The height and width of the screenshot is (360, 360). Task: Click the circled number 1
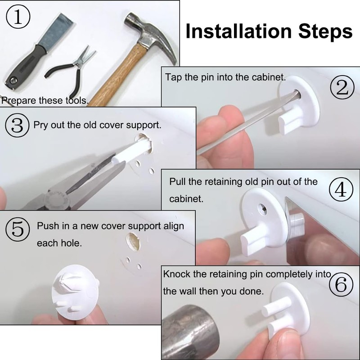click(x=18, y=17)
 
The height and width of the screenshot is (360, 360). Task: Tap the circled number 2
click(x=342, y=87)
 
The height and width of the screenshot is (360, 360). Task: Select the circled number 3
click(x=17, y=126)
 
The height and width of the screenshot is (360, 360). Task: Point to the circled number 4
click(x=341, y=189)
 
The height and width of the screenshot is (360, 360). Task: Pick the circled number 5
click(x=18, y=229)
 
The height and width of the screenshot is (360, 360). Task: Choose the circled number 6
click(x=341, y=284)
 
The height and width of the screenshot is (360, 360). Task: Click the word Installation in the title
click(x=238, y=31)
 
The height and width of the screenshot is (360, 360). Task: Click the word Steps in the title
click(x=325, y=32)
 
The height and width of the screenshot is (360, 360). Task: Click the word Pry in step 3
click(x=40, y=126)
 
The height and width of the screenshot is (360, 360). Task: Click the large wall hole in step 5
click(x=133, y=242)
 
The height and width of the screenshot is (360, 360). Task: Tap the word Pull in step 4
click(x=177, y=182)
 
